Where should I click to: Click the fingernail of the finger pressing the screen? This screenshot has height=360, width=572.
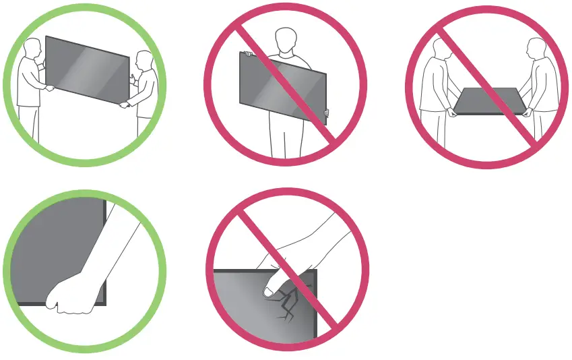(x=268, y=292)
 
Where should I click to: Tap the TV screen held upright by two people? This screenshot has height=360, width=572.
(x=88, y=67)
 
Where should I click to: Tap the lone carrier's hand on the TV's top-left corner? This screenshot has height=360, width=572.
(x=247, y=53)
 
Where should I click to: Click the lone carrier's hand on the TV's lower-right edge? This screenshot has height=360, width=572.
(x=326, y=112)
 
